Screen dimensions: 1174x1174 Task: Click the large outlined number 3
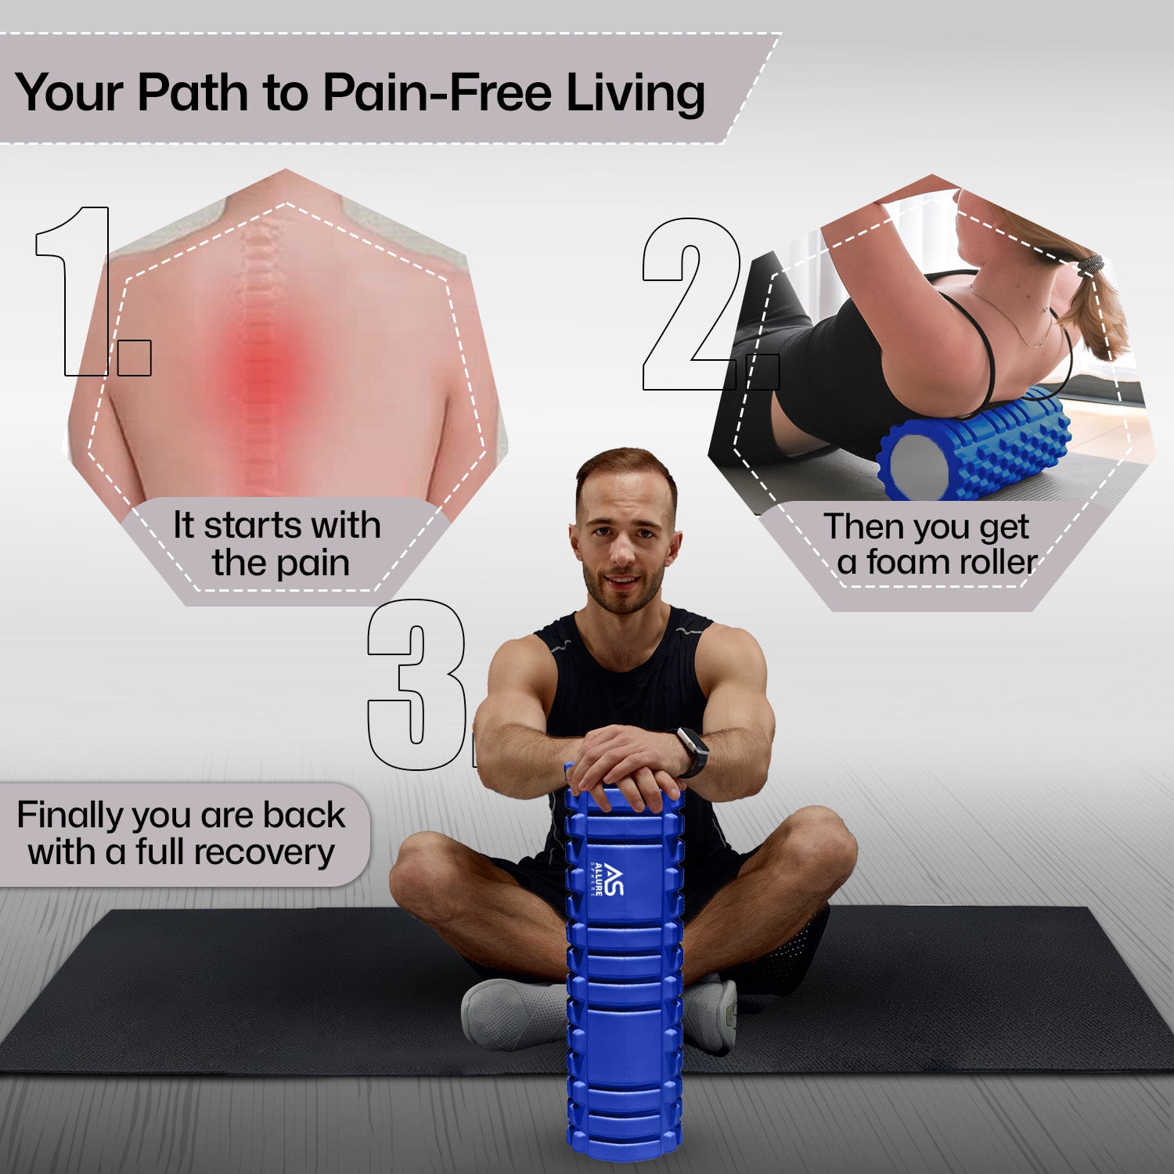click(419, 684)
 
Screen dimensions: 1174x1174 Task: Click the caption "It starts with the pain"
click(278, 544)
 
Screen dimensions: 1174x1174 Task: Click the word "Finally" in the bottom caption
click(70, 816)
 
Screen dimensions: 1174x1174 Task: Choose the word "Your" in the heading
click(69, 92)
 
